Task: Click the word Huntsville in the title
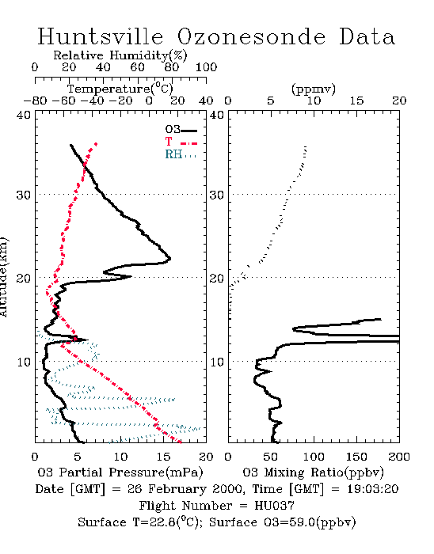(x=101, y=36)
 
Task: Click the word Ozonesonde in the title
(x=250, y=36)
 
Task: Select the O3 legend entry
(x=181, y=130)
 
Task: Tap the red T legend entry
(x=181, y=142)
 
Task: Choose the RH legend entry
(x=181, y=155)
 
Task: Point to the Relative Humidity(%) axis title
(x=120, y=55)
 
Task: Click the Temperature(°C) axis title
(x=120, y=89)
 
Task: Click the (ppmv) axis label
(x=313, y=89)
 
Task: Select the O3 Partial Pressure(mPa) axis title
(x=120, y=472)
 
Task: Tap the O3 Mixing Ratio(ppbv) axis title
(x=313, y=472)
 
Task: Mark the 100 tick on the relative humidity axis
(x=206, y=67)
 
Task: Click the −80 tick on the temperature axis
(x=35, y=101)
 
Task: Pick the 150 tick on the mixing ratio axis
(x=356, y=457)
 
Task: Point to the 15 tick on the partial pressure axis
(x=163, y=457)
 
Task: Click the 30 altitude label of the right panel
(x=217, y=195)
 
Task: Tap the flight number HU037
(x=274, y=506)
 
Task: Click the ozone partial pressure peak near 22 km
(x=170, y=259)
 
